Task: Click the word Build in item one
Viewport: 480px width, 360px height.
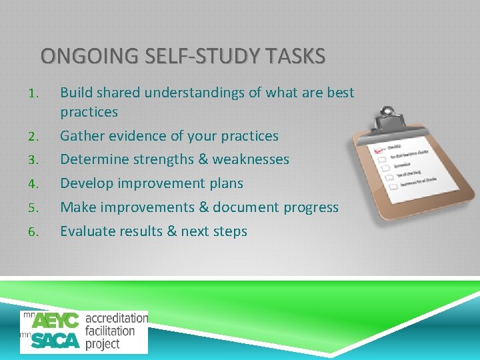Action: [75, 93]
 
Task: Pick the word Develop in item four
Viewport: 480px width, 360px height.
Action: [85, 183]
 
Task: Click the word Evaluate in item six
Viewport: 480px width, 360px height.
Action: [87, 231]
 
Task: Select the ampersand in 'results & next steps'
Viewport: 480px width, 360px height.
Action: [167, 231]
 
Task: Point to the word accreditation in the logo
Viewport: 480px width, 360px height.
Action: [116, 318]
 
